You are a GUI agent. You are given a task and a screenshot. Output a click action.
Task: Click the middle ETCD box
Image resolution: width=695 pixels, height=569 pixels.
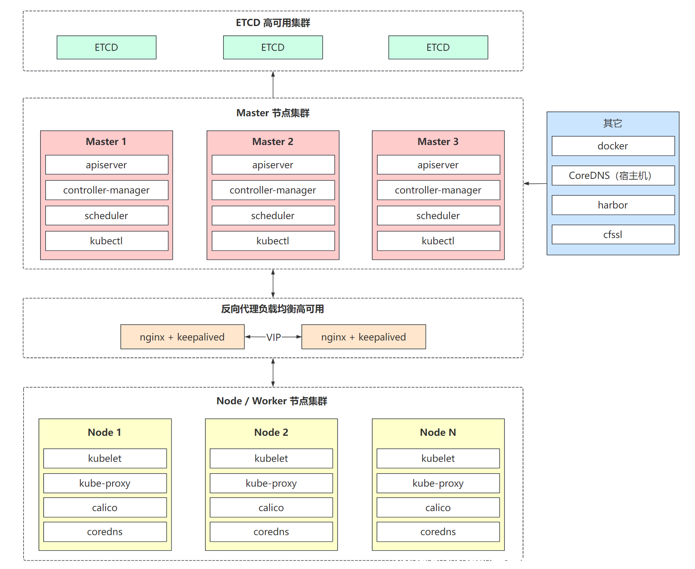pyautogui.click(x=273, y=47)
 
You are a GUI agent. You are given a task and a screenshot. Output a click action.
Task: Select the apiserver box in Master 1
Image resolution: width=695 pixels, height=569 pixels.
pyautogui.click(x=107, y=165)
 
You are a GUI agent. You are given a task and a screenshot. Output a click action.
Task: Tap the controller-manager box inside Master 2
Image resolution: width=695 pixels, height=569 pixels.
pyautogui.click(x=273, y=190)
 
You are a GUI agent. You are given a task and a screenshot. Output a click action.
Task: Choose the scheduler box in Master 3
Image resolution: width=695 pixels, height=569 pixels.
pyautogui.click(x=438, y=216)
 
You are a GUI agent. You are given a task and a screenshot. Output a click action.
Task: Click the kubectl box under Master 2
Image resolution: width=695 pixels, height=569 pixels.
pyautogui.click(x=273, y=241)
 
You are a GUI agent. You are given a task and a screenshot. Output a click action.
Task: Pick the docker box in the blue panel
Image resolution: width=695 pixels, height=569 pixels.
pyautogui.click(x=613, y=146)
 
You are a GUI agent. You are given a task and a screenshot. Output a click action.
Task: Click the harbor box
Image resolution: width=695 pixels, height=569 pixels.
pyautogui.click(x=613, y=205)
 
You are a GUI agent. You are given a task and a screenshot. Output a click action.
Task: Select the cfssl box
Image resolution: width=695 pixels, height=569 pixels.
pyautogui.click(x=613, y=234)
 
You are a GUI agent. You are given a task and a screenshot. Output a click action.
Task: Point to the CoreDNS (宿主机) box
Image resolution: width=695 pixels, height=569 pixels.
pyautogui.click(x=613, y=175)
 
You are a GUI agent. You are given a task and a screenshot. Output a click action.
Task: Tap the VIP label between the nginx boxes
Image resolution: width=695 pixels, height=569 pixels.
pyautogui.click(x=274, y=337)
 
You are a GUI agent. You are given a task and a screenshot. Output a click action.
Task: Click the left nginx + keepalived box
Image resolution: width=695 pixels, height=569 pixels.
pyautogui.click(x=182, y=337)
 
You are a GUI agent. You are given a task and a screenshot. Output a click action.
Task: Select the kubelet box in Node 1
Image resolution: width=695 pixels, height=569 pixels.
pyautogui.click(x=105, y=458)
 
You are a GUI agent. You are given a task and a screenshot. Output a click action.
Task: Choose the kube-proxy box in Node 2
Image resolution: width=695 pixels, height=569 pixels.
pyautogui.click(x=271, y=483)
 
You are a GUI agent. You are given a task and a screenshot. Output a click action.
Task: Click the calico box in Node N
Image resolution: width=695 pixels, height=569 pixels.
pyautogui.click(x=438, y=508)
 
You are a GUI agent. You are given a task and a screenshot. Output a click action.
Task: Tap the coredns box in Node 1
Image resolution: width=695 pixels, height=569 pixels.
pyautogui.click(x=105, y=532)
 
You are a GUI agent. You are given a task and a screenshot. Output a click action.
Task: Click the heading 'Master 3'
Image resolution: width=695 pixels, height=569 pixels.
pyautogui.click(x=438, y=142)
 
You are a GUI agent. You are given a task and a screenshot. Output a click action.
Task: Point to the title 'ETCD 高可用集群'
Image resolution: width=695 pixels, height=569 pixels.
pyautogui.click(x=273, y=23)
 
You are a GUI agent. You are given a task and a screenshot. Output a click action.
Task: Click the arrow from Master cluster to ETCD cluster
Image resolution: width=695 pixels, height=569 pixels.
pyautogui.click(x=273, y=85)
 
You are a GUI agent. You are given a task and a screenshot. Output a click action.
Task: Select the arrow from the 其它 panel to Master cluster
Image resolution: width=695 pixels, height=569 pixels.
pyautogui.click(x=535, y=184)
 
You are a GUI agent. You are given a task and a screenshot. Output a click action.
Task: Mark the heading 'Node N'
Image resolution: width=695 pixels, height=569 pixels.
pyautogui.click(x=438, y=432)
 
